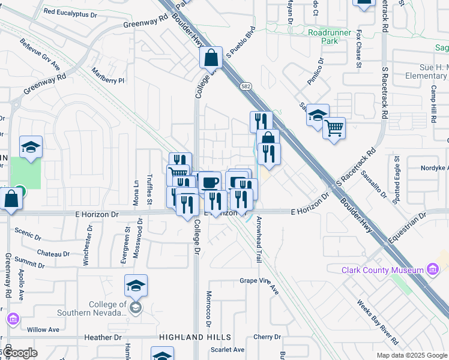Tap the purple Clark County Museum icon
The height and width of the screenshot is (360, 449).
click(x=432, y=269)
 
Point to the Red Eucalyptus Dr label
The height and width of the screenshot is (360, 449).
click(x=70, y=13)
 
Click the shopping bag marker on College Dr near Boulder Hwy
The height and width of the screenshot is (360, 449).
click(x=211, y=58)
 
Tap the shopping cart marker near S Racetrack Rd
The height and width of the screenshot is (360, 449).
click(x=334, y=127)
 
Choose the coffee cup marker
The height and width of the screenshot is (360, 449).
click(x=209, y=182)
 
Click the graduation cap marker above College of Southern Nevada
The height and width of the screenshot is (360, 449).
click(x=136, y=286)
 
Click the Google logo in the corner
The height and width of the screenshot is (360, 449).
click(x=19, y=353)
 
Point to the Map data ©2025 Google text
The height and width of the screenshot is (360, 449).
click(x=411, y=355)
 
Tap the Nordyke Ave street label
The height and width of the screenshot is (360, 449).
click(x=431, y=169)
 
